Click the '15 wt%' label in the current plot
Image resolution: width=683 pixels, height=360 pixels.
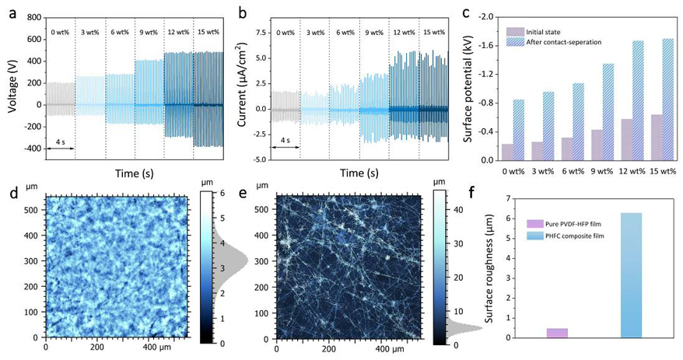[434, 32]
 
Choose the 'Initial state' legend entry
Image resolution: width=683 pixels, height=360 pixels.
[545, 31]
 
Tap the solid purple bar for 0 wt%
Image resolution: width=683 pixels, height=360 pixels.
[507, 152]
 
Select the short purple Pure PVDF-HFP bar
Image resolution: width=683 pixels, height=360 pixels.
[557, 333]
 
